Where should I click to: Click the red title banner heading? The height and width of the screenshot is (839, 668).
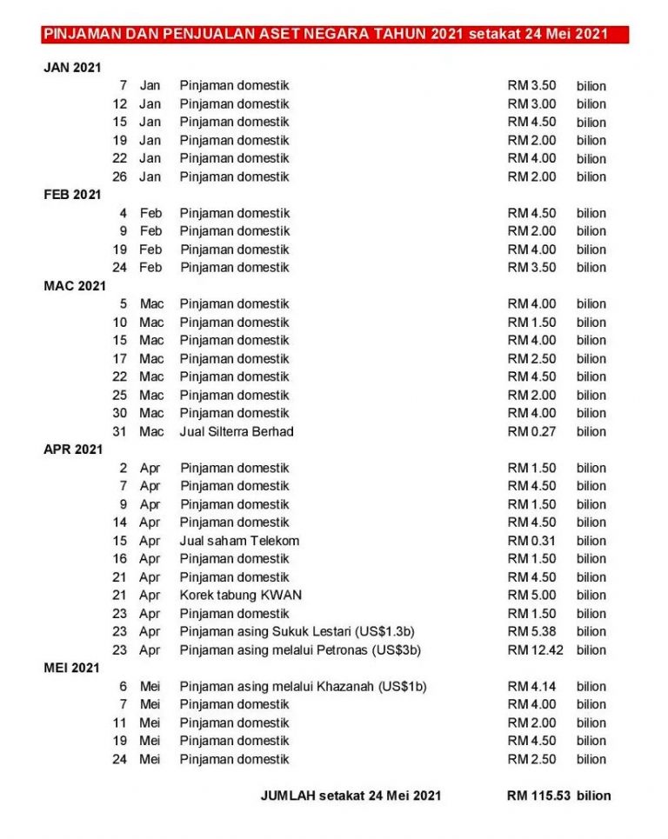334,35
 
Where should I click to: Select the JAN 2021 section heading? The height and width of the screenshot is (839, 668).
72,68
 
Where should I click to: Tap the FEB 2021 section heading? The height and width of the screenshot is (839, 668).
72,195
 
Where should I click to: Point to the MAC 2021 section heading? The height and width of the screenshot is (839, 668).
75,285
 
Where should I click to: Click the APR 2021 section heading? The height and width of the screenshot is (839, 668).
73,449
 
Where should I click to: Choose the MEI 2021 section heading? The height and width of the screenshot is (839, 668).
72,668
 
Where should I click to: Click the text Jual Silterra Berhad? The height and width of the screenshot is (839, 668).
237,431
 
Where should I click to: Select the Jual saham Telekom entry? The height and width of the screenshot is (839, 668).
239,541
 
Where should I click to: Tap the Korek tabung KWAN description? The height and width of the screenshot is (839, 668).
241,596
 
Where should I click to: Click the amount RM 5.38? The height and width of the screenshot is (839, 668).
531,632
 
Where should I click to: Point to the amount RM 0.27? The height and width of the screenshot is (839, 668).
531,431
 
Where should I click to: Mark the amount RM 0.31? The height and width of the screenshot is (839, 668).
531,541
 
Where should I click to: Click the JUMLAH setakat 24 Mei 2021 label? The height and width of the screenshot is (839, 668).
351,796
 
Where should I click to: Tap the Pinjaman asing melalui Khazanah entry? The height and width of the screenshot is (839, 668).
303,687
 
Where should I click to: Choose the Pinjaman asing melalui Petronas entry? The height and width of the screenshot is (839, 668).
302,650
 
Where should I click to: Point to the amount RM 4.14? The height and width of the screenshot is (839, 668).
531,687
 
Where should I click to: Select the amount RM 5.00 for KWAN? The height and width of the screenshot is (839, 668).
531,596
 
